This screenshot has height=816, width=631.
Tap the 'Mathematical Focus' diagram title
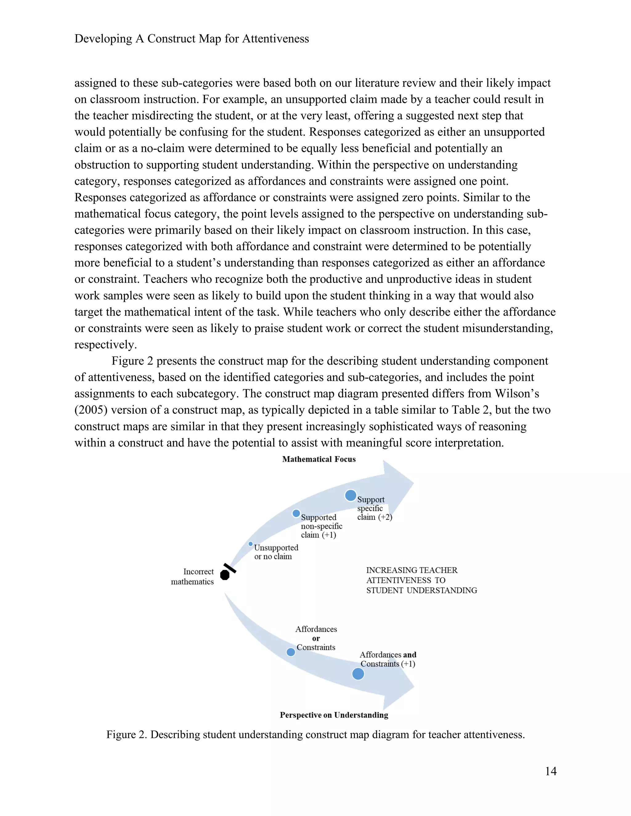[319, 459]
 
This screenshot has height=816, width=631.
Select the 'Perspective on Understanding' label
[334, 715]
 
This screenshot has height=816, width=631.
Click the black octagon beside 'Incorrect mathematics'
[225, 575]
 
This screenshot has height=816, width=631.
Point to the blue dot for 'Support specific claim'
[351, 495]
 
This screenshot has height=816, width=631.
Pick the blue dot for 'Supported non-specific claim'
[296, 513]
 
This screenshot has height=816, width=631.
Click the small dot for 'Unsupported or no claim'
[250, 544]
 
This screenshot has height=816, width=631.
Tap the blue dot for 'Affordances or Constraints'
[291, 652]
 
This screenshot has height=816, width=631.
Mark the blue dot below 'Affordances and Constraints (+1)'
[358, 674]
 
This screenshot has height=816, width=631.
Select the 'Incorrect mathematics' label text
[193, 576]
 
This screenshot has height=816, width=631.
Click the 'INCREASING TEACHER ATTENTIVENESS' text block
[421, 580]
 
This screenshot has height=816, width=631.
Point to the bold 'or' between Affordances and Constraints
[316, 638]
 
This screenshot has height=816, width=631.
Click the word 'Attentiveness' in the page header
[275, 38]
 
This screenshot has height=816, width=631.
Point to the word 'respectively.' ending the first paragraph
[106, 345]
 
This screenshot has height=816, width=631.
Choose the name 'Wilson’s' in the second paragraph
[517, 394]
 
